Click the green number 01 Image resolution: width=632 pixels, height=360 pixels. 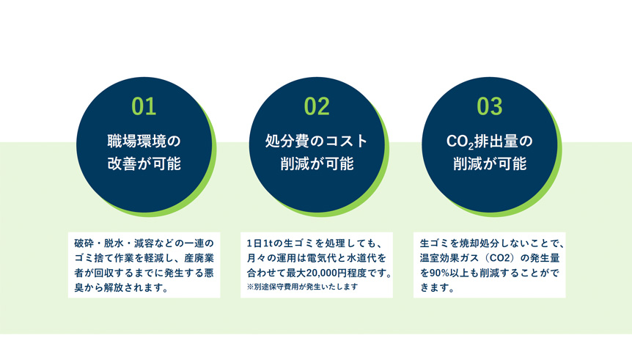pos(144,106)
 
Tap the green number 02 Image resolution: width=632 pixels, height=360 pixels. pos(317,106)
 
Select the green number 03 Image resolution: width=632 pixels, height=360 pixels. pos(490,106)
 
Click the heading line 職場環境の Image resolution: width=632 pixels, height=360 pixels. pos(144,141)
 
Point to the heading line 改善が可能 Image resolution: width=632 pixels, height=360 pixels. pos(144,164)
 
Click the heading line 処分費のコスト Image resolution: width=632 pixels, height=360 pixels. pos(317,141)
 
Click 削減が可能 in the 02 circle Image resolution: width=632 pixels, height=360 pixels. pos(317,164)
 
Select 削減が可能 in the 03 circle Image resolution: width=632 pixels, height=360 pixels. pos(490,164)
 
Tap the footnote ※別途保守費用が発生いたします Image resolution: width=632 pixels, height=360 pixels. pos(302,287)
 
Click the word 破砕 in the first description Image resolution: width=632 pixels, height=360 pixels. pos(84,243)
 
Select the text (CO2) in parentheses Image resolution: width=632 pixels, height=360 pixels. pos(499,258)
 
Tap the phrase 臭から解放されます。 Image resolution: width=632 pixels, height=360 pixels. pos(121,288)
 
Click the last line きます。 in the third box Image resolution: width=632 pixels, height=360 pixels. pos(438,288)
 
